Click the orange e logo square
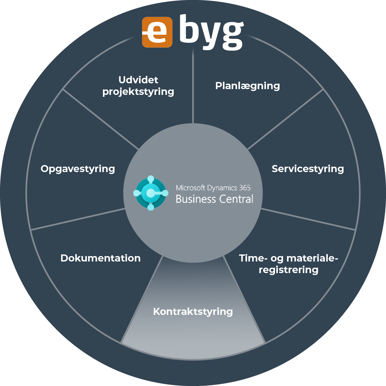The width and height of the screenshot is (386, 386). point(157,32)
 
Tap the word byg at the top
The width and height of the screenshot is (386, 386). point(211,32)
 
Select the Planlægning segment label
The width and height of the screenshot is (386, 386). point(247,86)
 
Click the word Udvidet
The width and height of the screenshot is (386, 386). point(138,80)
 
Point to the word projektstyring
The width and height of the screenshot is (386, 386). point(138,92)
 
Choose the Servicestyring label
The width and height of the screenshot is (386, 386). point(308,169)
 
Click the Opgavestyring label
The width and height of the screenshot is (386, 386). point(78,169)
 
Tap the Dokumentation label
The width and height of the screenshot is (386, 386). point(100,258)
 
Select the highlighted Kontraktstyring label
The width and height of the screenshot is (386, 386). point(193,311)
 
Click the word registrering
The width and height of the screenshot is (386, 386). point(289,270)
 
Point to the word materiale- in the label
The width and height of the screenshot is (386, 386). point(312,258)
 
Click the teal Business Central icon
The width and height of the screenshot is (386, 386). point(151,193)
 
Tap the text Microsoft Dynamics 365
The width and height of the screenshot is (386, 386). point(213,188)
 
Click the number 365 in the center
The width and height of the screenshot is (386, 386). point(244,188)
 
